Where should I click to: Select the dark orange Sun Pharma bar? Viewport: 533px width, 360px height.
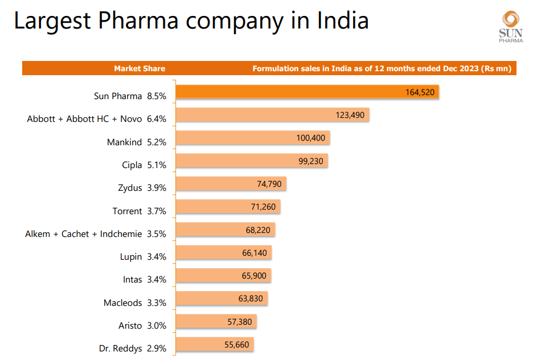click(x=307, y=92)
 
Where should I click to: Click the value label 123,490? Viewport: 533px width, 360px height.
click(x=350, y=115)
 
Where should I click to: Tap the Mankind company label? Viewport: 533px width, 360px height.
click(x=124, y=142)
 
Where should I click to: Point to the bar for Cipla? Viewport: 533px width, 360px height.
click(x=251, y=161)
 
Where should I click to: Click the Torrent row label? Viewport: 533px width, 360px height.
click(x=127, y=211)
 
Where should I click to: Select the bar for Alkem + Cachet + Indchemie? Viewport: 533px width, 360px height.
click(x=225, y=230)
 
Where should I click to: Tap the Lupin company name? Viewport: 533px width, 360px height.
click(x=131, y=257)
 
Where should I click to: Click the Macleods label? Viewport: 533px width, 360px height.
click(x=122, y=303)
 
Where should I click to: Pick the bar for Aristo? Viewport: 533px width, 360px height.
click(x=216, y=322)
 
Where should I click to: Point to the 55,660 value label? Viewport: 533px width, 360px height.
click(x=237, y=345)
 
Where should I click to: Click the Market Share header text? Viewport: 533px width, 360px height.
click(x=140, y=69)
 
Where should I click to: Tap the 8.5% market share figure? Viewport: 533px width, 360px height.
click(x=157, y=97)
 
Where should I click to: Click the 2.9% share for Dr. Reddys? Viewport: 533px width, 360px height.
click(x=157, y=349)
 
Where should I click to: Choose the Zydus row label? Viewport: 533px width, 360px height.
click(x=129, y=188)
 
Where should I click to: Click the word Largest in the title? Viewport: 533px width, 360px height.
click(x=53, y=22)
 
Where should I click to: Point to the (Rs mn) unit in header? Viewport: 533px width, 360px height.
click(x=497, y=69)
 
